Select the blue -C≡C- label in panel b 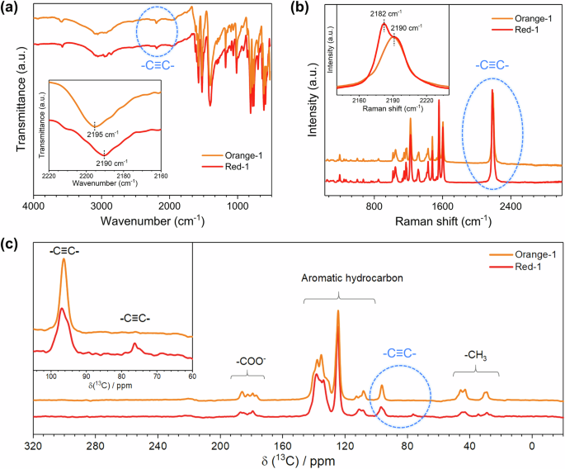(x=493, y=64)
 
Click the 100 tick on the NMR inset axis (x=52, y=377)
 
